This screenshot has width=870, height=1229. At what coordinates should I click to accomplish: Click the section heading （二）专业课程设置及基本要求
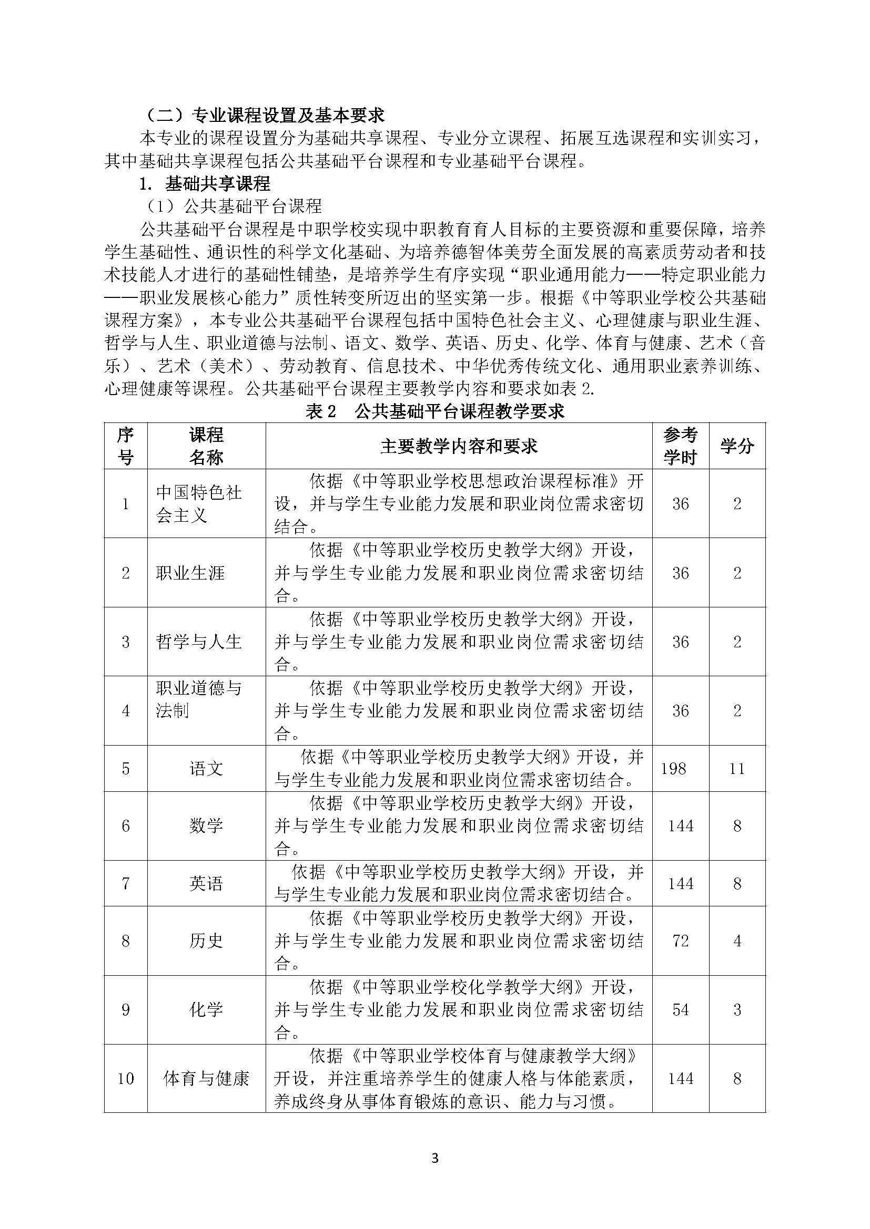[x=265, y=115]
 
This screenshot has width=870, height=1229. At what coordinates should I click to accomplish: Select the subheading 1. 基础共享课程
[x=205, y=184]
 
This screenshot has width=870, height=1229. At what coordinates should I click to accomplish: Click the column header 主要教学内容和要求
[x=459, y=446]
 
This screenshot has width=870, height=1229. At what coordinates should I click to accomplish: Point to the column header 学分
[x=737, y=446]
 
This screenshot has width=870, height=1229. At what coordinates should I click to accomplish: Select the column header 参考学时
[x=680, y=446]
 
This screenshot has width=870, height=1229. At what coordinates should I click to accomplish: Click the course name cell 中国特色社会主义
[x=199, y=504]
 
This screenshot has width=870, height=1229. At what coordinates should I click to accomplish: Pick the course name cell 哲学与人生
[x=199, y=641]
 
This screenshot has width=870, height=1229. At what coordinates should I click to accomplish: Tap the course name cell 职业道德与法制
[x=199, y=699]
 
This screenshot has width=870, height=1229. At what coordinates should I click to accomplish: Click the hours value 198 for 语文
[x=673, y=769]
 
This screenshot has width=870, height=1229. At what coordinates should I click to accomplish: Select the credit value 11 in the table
[x=737, y=769]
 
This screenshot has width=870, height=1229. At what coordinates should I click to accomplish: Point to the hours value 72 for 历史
[x=680, y=941]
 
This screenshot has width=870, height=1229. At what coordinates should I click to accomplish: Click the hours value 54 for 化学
[x=680, y=1009]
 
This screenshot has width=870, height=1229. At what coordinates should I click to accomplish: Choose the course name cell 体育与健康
[x=206, y=1078]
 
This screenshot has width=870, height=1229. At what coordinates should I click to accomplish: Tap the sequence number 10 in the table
[x=125, y=1078]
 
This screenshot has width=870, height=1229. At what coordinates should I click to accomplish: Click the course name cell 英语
[x=206, y=883]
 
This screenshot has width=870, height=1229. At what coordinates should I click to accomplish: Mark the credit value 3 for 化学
[x=737, y=1009]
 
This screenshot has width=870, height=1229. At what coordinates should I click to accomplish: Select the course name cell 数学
[x=206, y=825]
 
